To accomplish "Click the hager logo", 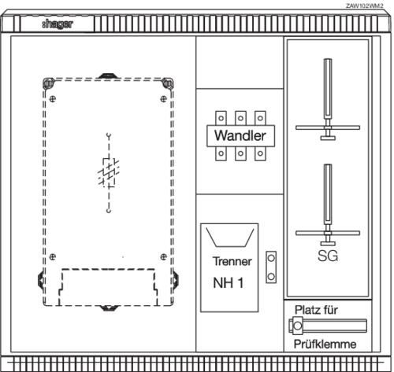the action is [x=58, y=24].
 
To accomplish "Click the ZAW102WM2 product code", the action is [x=365, y=6].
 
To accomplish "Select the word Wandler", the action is [x=240, y=135].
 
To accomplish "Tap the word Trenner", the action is [x=232, y=261].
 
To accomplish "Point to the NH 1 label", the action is [x=229, y=283].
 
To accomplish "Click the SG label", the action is [x=328, y=256].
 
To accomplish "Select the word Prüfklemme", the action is [x=325, y=344].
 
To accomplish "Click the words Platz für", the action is [x=316, y=310].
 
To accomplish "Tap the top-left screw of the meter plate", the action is [x=53, y=99].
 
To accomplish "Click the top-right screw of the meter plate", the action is [x=163, y=99].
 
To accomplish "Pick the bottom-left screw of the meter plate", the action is [x=53, y=256].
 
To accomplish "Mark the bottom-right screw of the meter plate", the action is [x=163, y=256].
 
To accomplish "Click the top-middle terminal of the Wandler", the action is [x=240, y=118].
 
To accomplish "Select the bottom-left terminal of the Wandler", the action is [x=221, y=153].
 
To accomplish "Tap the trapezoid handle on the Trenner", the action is [x=230, y=238].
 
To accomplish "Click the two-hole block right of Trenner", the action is [x=271, y=267].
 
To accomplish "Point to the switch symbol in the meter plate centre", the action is [x=109, y=173].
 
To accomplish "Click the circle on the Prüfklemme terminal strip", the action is [x=298, y=326].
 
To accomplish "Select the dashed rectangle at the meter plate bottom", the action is [x=108, y=287].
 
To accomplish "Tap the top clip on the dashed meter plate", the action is [x=108, y=76].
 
